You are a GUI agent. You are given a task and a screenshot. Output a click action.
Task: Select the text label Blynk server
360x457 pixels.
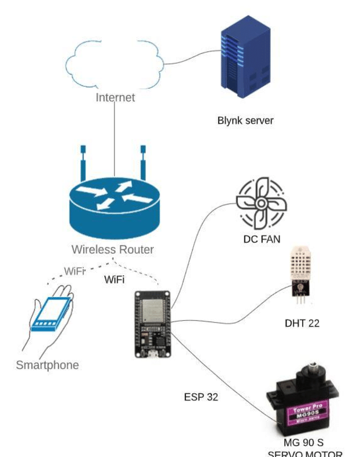pyautogui.click(x=245, y=120)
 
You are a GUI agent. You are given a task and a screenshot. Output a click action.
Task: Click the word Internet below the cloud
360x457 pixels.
pyautogui.click(x=115, y=97)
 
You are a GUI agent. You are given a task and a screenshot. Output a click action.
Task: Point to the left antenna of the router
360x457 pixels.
pyautogui.click(x=83, y=163)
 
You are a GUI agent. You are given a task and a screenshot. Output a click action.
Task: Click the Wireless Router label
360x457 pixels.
pyautogui.click(x=112, y=250)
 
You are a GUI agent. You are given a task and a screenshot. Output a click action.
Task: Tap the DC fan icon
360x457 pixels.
pyautogui.click(x=260, y=203)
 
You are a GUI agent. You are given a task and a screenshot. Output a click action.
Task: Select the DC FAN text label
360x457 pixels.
pyautogui.click(x=262, y=239)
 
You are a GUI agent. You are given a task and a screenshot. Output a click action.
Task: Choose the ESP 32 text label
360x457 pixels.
pyautogui.click(x=201, y=397)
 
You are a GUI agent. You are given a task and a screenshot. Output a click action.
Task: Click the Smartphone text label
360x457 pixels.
pyautogui.click(x=47, y=365)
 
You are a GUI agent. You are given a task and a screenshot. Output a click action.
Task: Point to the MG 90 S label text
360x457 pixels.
pyautogui.click(x=304, y=443)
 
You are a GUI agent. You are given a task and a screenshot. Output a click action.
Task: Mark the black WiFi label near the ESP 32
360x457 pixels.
pyautogui.click(x=114, y=280)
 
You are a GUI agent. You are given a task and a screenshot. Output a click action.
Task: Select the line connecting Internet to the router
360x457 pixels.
pyautogui.click(x=115, y=133)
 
